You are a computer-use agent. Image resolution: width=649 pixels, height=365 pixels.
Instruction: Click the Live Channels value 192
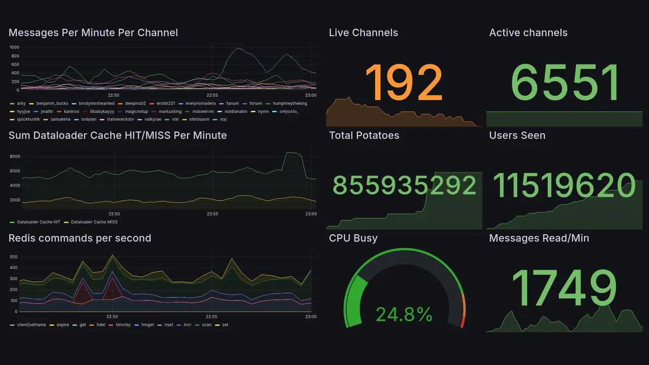404,83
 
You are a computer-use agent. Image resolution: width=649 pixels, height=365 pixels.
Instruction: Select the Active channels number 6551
565,83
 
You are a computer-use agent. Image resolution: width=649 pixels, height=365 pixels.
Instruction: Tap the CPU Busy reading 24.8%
404,314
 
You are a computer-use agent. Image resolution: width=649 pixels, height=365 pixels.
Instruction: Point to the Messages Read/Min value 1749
564,287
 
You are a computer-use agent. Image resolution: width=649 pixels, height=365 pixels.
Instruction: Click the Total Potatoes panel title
364,135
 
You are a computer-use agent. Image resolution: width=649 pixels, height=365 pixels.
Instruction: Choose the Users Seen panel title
517,135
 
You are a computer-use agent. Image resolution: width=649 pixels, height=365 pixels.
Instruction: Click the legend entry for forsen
256,103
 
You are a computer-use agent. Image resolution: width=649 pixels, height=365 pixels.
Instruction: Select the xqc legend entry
223,120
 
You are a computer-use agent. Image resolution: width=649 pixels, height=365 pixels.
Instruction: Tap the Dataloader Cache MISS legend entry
94,222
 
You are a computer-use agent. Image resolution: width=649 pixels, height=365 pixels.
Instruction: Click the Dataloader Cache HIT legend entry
38,222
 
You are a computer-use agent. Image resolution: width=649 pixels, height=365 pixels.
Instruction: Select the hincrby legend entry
123,324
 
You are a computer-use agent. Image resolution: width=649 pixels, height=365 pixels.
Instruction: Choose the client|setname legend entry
31,324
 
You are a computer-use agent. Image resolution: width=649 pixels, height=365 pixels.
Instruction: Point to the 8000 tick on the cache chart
14,157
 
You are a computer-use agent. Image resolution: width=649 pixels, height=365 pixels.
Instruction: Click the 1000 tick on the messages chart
14,47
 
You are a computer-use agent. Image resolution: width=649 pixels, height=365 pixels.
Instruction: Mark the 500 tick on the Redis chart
14,257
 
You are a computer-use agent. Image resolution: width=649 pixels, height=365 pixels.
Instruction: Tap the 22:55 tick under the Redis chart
212,316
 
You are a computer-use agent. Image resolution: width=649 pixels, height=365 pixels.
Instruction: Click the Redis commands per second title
80,238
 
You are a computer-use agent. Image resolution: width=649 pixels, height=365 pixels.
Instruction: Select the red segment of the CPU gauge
462,322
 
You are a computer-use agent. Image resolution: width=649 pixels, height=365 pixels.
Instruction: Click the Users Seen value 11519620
564,186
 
